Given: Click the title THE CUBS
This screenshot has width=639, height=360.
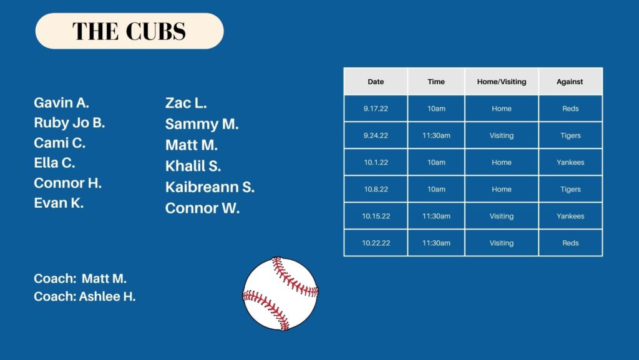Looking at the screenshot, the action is click(129, 31).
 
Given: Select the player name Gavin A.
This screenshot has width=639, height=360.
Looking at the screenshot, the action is click(62, 102).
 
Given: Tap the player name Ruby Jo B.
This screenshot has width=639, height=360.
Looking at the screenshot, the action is click(69, 122).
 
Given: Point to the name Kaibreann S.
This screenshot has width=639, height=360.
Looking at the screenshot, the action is click(210, 187).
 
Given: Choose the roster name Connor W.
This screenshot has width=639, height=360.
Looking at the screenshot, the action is click(202, 208).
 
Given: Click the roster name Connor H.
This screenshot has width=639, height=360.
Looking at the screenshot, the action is click(67, 183).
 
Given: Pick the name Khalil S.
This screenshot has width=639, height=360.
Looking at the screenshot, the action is click(193, 166).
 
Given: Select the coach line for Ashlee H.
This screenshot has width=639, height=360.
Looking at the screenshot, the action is click(84, 296).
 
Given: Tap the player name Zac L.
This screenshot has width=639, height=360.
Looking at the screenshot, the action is click(186, 102).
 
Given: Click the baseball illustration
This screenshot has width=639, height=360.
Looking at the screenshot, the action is click(280, 293).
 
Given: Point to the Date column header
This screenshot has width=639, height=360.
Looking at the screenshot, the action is click(376, 82).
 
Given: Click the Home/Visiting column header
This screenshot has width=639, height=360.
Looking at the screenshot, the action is click(502, 82).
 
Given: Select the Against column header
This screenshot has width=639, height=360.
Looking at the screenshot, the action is click(570, 82).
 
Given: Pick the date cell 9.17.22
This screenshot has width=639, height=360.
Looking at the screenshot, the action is click(376, 109).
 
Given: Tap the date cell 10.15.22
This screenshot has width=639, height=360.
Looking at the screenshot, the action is click(376, 216).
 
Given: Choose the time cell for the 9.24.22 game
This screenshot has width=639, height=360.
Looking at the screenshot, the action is click(436, 135).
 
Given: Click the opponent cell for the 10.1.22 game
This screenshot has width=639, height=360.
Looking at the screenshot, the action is click(570, 162).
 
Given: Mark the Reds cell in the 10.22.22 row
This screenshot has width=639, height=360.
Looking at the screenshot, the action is click(570, 243).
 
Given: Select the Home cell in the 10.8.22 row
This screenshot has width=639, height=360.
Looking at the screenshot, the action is click(502, 190).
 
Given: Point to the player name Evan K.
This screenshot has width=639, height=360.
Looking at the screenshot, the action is click(59, 203).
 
